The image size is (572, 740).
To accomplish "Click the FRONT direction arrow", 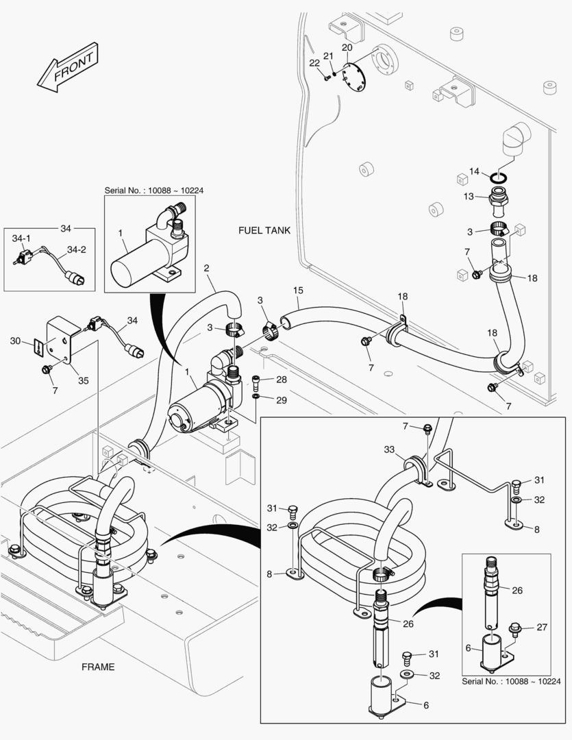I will point(66,71).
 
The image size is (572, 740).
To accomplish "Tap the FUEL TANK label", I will point(264,230).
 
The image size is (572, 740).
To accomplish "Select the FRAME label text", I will point(98,667).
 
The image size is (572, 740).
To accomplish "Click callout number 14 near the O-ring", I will point(474,171).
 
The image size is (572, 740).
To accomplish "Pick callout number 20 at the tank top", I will point(347,47).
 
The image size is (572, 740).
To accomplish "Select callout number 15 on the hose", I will point(298,291).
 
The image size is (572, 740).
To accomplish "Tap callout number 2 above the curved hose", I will point(206,269).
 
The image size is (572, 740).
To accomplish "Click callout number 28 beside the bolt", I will point(282,380).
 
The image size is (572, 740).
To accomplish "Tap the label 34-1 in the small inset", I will point(21,238).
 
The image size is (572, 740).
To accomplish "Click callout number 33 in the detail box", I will point(388,449).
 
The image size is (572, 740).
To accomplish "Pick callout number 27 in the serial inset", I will point(542,626).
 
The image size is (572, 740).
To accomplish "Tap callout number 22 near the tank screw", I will point(314,62).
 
